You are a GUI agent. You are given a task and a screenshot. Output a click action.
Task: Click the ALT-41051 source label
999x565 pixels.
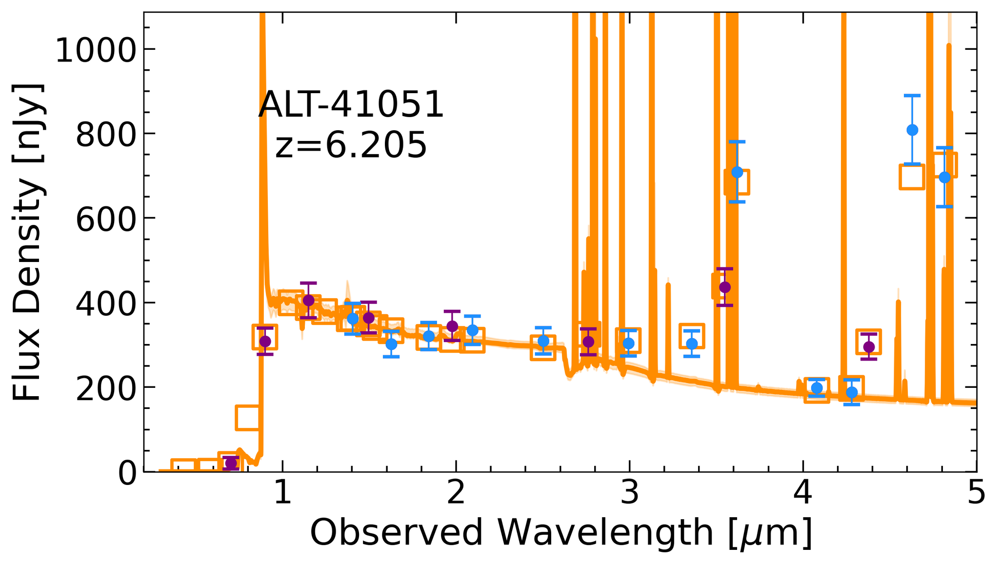click(351, 105)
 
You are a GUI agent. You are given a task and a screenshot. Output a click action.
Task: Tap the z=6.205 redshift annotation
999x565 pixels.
click(351, 145)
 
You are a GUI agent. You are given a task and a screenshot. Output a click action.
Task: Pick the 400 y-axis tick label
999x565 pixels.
click(105, 303)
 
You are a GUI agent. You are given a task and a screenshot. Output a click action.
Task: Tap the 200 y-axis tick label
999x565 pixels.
click(105, 387)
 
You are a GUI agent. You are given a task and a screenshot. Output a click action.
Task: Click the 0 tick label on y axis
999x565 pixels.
click(128, 472)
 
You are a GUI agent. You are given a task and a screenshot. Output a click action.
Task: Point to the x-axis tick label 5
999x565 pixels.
click(976, 494)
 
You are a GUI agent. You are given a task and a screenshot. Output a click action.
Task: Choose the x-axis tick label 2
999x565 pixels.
click(456, 494)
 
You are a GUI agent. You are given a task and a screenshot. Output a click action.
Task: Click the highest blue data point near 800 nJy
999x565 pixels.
click(912, 130)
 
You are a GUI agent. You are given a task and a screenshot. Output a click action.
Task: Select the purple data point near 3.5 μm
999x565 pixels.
click(725, 287)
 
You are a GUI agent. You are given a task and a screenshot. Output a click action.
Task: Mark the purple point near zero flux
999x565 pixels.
click(231, 463)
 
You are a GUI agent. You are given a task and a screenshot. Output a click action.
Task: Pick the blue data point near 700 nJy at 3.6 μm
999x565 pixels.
click(737, 172)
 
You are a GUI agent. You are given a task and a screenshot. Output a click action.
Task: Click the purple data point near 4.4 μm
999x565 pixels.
click(869, 347)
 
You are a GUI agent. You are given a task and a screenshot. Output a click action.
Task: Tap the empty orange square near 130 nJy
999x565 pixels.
click(248, 418)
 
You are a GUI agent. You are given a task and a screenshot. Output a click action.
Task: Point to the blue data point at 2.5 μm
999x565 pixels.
click(543, 341)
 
